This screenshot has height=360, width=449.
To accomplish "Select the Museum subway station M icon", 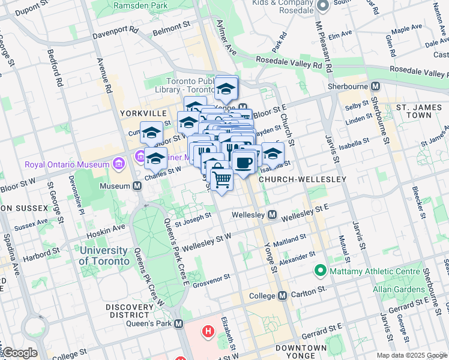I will (137, 186).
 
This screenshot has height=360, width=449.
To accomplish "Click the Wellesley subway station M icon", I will (272, 214).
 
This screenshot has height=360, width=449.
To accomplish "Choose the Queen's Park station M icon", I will (178, 324).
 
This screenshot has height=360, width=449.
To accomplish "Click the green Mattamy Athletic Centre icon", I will (321, 271).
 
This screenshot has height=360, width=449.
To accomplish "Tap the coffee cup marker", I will (243, 162).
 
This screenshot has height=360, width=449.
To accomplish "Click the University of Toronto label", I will (104, 256).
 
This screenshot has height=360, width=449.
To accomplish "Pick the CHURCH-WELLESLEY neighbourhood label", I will (303, 179).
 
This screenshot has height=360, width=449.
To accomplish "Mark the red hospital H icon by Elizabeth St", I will (208, 331).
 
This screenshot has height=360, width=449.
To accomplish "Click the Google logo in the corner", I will (20, 353).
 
